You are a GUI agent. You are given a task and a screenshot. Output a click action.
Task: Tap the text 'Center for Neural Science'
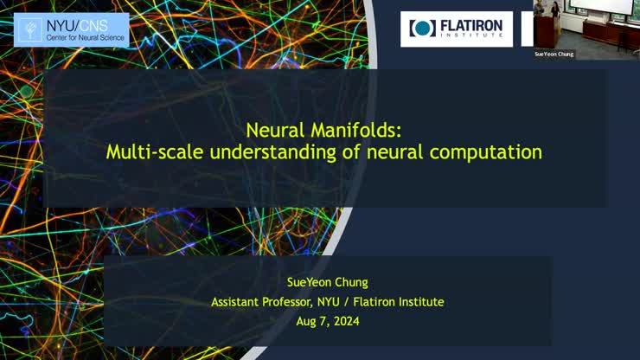84,38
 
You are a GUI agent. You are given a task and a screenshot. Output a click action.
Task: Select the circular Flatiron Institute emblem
423,29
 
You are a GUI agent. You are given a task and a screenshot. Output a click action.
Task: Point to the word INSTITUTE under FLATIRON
472,36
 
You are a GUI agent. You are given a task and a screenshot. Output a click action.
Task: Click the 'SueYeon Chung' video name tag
554,54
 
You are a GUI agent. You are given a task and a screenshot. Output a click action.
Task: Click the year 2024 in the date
343,321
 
